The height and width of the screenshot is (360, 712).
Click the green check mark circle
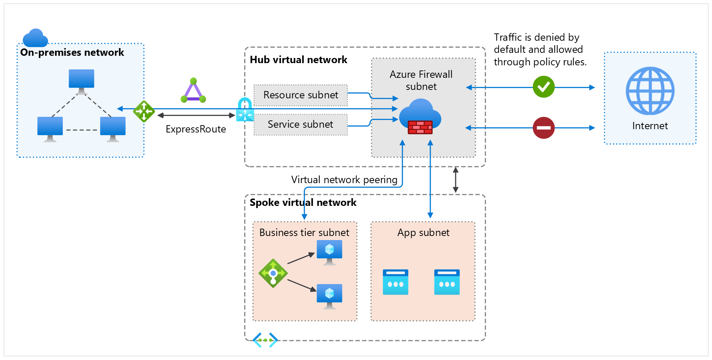click(x=543, y=87)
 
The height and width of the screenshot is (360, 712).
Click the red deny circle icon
click(x=543, y=128)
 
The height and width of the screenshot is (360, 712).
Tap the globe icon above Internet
click(x=650, y=91)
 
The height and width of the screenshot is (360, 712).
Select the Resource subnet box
click(x=300, y=95)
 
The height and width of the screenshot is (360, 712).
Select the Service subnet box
click(x=300, y=124)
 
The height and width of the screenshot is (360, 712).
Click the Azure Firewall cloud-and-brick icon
click(x=420, y=117)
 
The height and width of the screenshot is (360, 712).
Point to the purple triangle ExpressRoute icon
click(x=193, y=91)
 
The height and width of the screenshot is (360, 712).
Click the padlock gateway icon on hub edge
click(x=245, y=110)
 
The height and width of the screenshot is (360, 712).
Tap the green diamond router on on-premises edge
click(x=144, y=111)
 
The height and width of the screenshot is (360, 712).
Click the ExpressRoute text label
click(x=196, y=129)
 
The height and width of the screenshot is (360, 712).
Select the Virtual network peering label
click(x=344, y=180)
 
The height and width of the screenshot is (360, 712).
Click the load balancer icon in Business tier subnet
click(x=273, y=273)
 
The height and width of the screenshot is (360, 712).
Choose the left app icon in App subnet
click(x=395, y=282)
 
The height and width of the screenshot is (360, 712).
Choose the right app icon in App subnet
click(x=447, y=282)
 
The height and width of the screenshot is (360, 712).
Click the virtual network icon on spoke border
click(x=265, y=340)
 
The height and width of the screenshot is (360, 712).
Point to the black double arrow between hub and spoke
click(x=455, y=180)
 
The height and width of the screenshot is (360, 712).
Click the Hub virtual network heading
click(x=298, y=60)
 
